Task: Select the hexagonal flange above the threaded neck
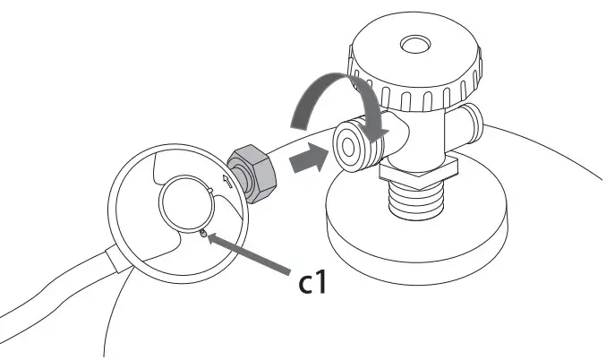pos(418,166)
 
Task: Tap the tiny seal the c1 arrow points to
pos(204,235)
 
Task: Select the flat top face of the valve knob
pos(394,49)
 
